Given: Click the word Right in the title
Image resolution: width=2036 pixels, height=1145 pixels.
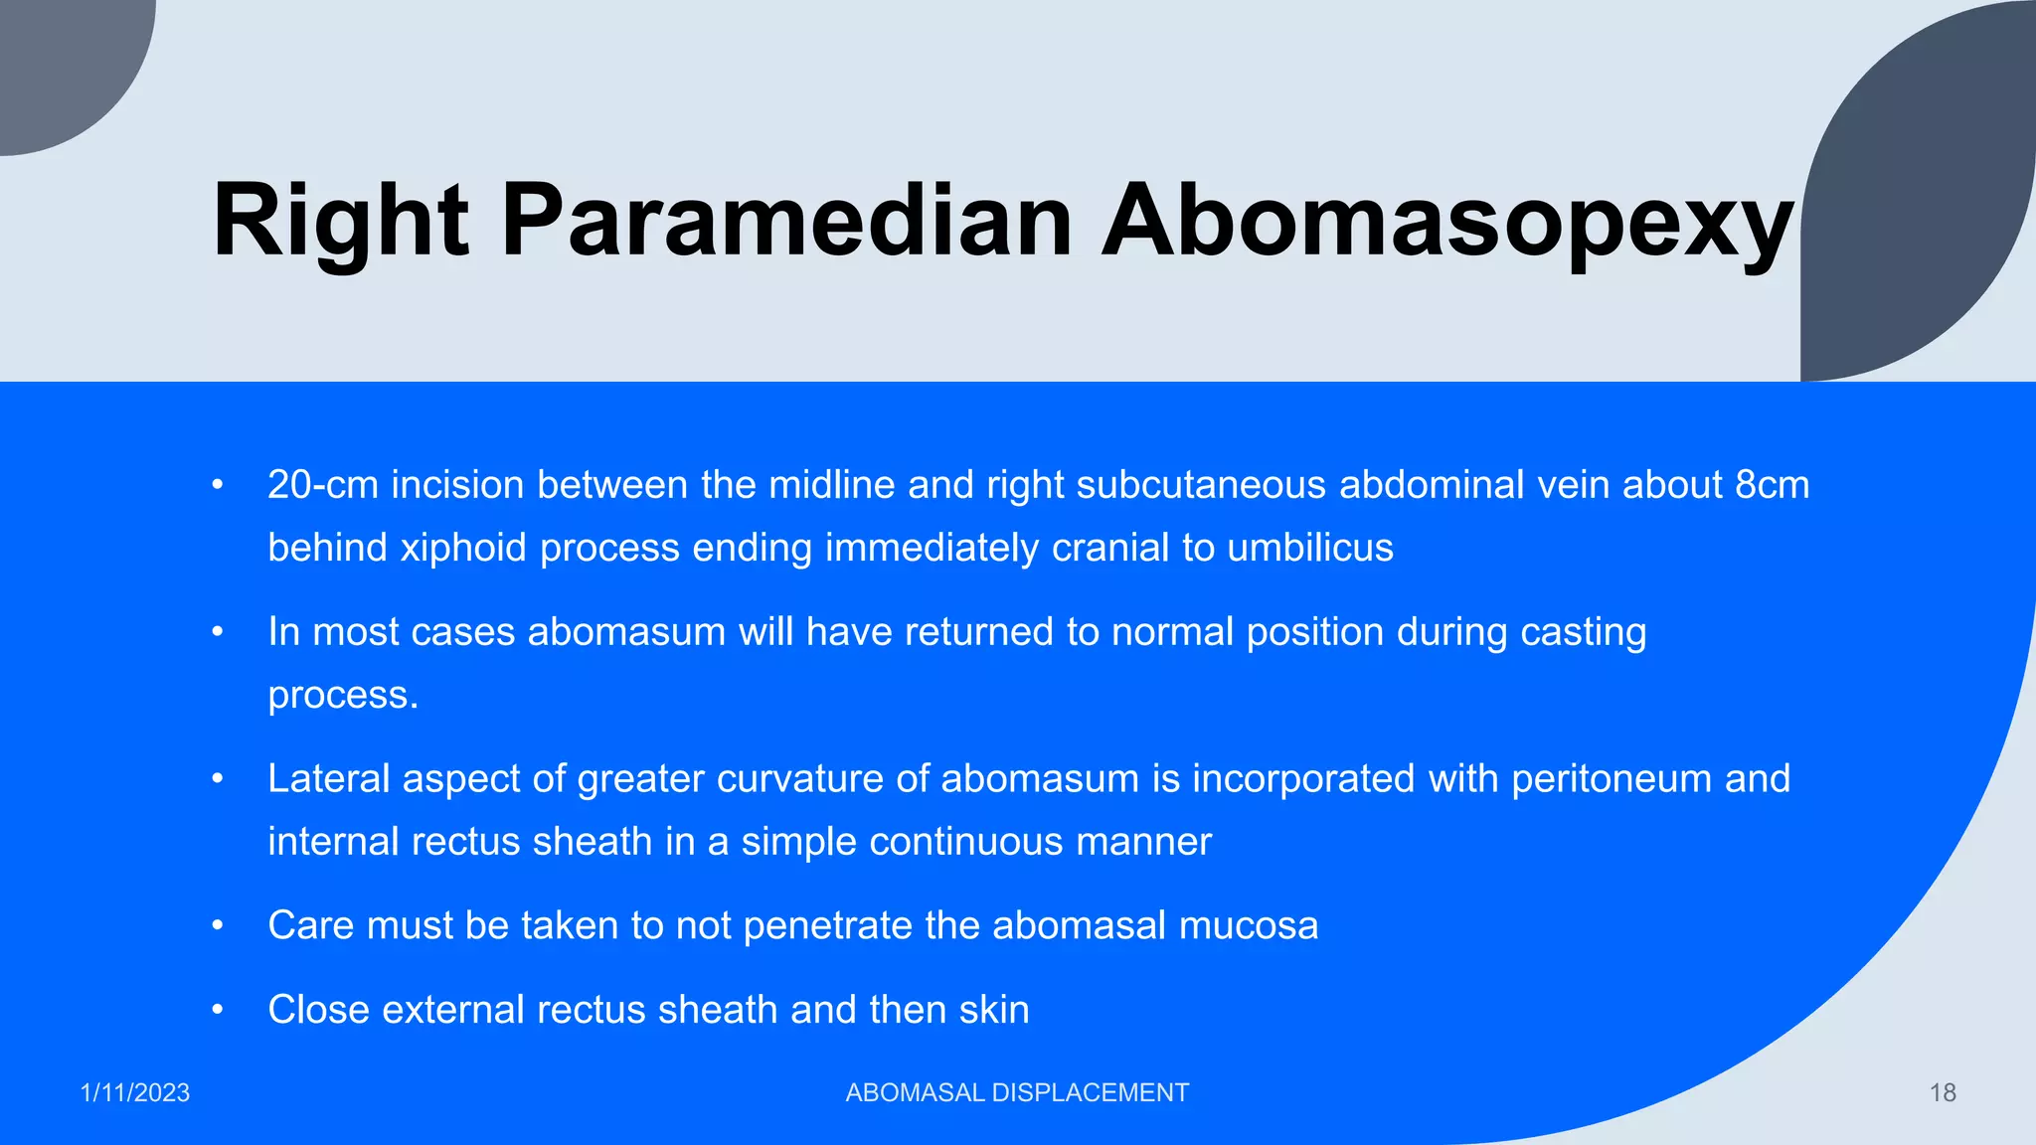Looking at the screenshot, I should (x=340, y=221).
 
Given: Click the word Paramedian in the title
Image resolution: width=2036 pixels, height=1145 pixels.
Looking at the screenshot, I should (x=786, y=221).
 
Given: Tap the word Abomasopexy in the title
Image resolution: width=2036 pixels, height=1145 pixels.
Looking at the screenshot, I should (x=1447, y=221).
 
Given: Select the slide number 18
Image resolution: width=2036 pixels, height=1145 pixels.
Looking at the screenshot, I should (x=1943, y=1093).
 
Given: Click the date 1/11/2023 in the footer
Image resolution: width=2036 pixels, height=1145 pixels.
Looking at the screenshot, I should (x=135, y=1093).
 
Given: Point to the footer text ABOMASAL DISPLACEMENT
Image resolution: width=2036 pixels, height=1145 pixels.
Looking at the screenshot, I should (x=1017, y=1093).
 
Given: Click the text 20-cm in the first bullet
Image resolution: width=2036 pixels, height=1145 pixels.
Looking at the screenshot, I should (x=323, y=485).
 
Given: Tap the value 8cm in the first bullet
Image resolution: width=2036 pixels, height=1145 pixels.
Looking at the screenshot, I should (x=1772, y=485).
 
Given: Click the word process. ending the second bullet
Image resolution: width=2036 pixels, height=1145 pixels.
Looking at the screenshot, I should (x=343, y=696).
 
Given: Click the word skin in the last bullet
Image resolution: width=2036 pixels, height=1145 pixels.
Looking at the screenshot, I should (x=993, y=1010).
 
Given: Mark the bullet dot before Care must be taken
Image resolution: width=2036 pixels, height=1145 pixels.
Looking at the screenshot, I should (x=218, y=926).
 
